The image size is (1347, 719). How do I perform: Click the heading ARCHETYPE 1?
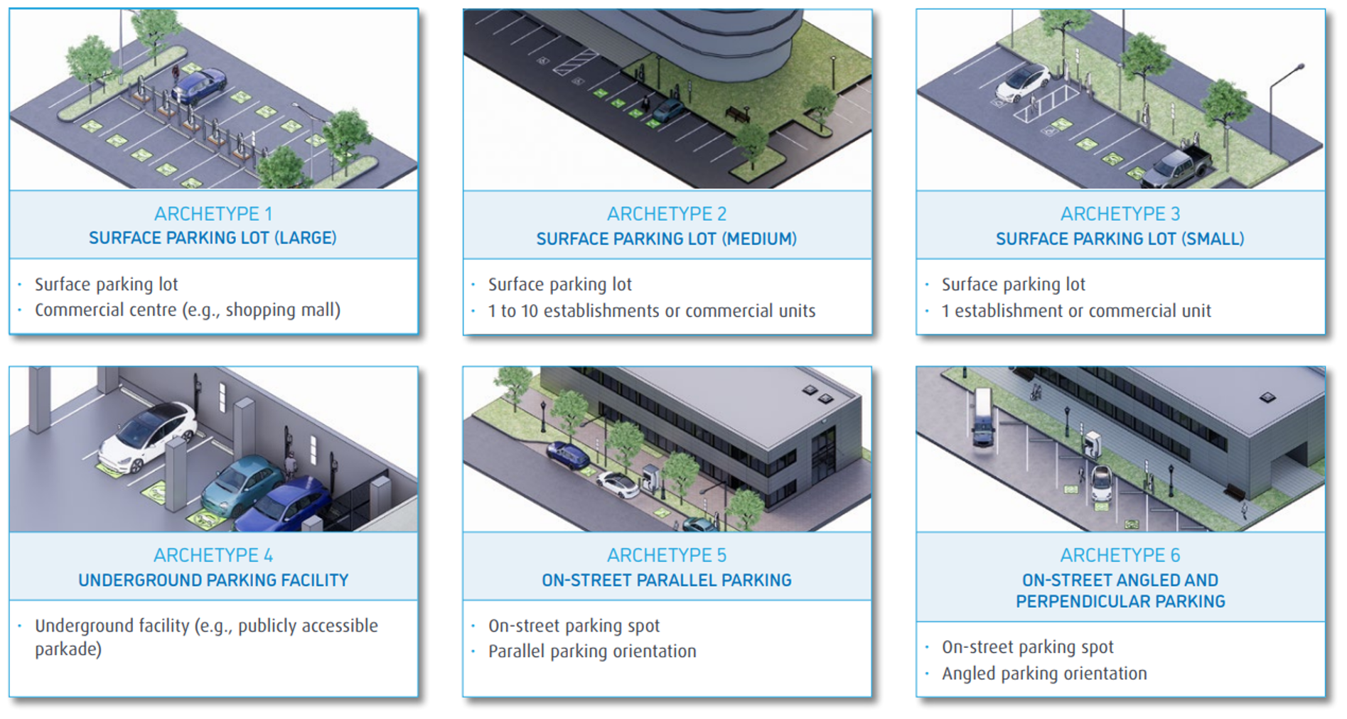[213, 214]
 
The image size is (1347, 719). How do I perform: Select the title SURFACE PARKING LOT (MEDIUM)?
[666, 239]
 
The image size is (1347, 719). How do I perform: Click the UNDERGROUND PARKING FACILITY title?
[213, 580]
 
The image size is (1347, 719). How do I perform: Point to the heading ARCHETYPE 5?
[666, 556]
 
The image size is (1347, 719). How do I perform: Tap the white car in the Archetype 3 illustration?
[1022, 82]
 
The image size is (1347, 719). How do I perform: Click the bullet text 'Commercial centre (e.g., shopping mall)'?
[188, 310]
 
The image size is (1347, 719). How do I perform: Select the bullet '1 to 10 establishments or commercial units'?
[651, 311]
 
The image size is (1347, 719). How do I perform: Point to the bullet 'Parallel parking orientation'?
[591, 652]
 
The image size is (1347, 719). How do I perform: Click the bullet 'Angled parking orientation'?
[1043, 674]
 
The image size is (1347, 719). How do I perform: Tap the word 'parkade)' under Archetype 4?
[68, 649]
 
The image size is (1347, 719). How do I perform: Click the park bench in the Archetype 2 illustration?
[736, 112]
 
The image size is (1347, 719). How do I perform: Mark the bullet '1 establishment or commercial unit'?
[1075, 311]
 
